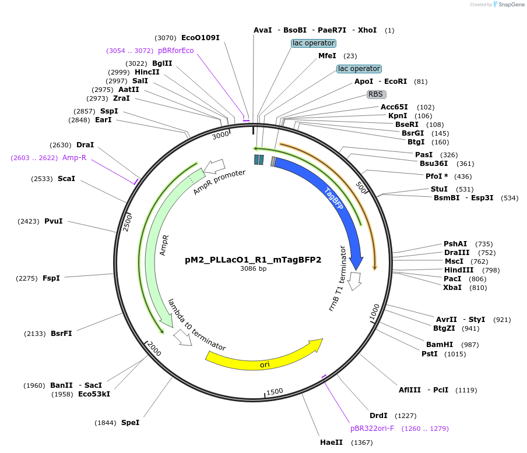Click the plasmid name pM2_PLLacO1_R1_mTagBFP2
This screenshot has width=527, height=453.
[253, 260]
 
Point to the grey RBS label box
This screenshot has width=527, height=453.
[377, 94]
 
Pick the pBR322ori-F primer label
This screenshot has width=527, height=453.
[372, 429]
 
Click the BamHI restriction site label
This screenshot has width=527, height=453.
[435, 345]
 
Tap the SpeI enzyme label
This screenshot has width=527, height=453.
[130, 423]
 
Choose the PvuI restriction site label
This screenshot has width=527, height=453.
[53, 221]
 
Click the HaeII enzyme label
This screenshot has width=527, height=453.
[331, 443]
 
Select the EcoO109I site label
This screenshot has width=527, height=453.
[201, 38]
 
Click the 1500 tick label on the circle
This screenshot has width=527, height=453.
[275, 391]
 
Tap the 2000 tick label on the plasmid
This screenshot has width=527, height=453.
[154, 349]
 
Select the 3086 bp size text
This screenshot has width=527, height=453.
[253, 269]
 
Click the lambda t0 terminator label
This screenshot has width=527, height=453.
[196, 325]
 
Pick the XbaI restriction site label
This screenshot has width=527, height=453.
[452, 288]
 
